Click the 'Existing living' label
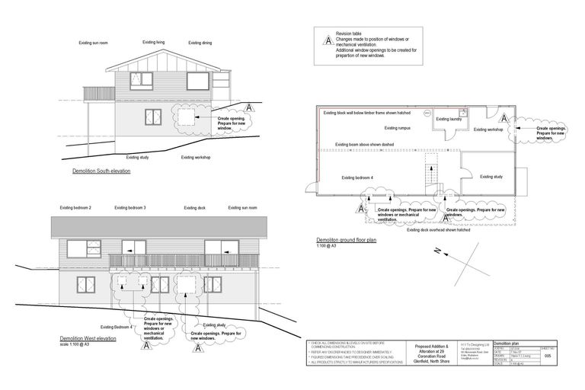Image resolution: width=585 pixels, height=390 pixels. (155, 43)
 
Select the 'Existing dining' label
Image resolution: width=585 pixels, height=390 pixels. (200, 43)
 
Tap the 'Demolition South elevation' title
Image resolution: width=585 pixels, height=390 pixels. (101, 171)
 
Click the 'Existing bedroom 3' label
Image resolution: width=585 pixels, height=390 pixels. (130, 207)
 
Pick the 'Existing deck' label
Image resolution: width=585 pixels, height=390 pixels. (194, 207)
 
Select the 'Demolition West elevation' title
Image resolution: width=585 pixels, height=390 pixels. (88, 337)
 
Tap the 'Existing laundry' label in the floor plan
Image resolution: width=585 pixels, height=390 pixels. (449, 119)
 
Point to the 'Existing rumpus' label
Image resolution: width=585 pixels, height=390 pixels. (398, 128)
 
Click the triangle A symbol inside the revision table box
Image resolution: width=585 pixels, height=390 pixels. (328, 40)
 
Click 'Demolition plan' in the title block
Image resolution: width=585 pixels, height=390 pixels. (508, 344)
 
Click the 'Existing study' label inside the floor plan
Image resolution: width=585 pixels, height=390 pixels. (491, 177)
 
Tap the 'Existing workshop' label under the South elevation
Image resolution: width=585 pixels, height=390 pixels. (196, 157)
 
